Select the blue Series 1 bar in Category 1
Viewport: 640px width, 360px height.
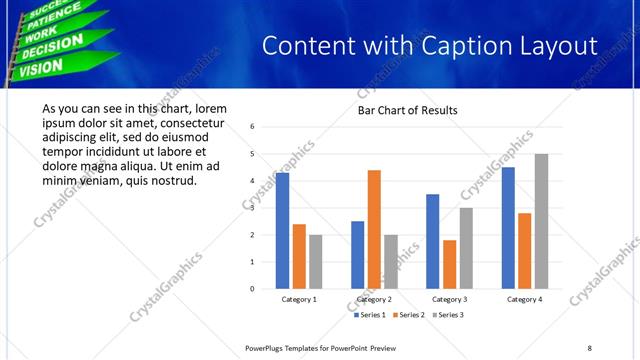283,231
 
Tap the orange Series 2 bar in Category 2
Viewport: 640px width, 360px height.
374,229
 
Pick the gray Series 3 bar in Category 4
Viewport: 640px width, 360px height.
541,221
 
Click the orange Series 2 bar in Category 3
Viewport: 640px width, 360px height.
449,264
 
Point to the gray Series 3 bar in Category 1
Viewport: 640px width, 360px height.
316,262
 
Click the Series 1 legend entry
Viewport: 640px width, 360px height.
370,315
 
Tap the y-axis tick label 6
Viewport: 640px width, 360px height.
253,127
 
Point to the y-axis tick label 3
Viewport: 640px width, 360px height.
253,208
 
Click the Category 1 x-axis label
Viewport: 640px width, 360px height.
299,299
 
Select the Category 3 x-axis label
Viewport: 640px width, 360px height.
449,299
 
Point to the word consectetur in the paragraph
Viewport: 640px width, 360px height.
182,123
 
